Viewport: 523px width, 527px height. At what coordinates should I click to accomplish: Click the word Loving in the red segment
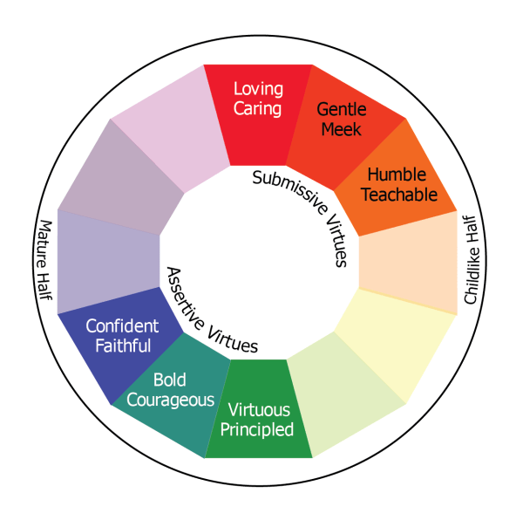point(257,89)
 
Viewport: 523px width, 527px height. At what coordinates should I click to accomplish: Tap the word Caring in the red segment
point(257,108)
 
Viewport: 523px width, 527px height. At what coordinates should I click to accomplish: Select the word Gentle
point(341,110)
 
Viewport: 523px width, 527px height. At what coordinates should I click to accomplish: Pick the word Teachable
point(402,194)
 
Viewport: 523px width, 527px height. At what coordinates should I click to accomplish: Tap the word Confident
point(122,326)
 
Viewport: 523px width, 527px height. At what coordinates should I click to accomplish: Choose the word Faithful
point(122,346)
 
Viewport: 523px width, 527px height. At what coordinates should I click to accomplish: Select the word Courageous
point(171,400)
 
